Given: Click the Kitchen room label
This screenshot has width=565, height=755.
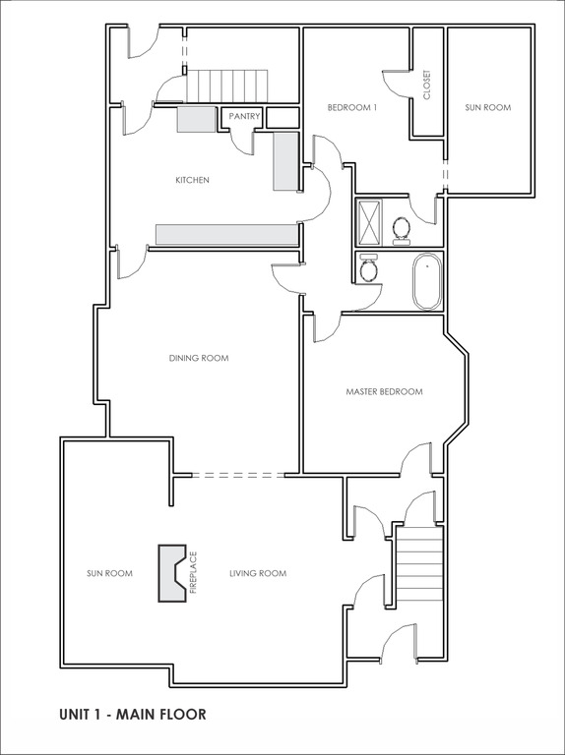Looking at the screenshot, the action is pyautogui.click(x=192, y=180).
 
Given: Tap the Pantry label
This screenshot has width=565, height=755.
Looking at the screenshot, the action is pyautogui.click(x=244, y=116).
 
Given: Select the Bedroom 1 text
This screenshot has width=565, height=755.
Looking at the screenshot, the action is pyautogui.click(x=352, y=108).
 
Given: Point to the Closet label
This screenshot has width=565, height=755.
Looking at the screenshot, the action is pyautogui.click(x=426, y=86).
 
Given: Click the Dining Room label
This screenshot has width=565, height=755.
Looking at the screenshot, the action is pyautogui.click(x=199, y=358).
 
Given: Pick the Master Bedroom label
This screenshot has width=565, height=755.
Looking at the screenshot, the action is pyautogui.click(x=384, y=392).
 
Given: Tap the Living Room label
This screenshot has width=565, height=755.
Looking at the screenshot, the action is pyautogui.click(x=258, y=573).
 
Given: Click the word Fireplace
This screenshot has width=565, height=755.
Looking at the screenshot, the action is pyautogui.click(x=194, y=573).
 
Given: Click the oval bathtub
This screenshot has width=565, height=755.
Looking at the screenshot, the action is pyautogui.click(x=426, y=282).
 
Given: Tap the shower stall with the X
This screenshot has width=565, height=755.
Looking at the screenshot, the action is pyautogui.click(x=369, y=222).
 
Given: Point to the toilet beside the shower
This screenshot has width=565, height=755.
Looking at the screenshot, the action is pyautogui.click(x=401, y=230).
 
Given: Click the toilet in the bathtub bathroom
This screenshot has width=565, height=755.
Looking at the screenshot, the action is pyautogui.click(x=369, y=268).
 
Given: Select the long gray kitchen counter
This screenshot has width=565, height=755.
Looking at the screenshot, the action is pyautogui.click(x=226, y=235).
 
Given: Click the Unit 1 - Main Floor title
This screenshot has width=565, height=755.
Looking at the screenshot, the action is pyautogui.click(x=133, y=714).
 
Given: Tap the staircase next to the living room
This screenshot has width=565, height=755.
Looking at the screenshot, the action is pyautogui.click(x=419, y=563).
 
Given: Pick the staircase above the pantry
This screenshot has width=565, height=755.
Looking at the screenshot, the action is pyautogui.click(x=227, y=86).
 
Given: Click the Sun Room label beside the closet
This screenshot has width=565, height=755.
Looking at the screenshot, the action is pyautogui.click(x=488, y=108).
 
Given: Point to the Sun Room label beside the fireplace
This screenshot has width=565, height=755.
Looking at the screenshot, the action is pyautogui.click(x=109, y=573).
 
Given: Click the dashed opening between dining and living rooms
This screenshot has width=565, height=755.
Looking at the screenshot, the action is pyautogui.click(x=238, y=475).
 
